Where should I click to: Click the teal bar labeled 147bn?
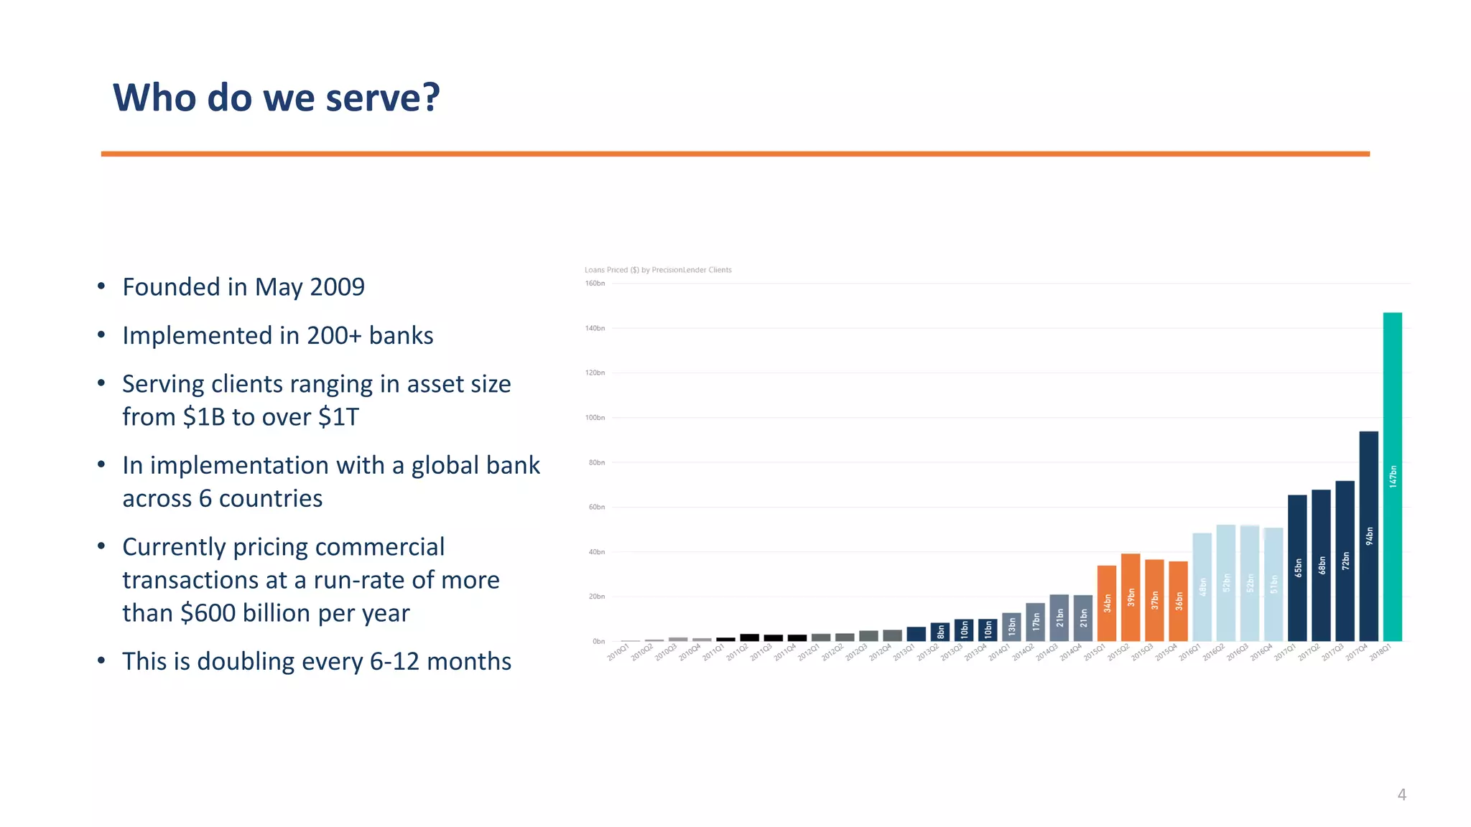point(1392,477)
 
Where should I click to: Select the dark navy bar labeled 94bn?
point(1368,536)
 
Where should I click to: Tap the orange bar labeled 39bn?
point(1131,597)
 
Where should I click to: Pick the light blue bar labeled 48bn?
point(1202,587)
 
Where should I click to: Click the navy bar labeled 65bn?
point(1297,568)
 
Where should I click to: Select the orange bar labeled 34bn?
point(1107,603)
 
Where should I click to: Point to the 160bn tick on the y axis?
point(595,284)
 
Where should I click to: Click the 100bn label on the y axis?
point(595,418)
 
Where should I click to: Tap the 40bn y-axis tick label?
point(596,552)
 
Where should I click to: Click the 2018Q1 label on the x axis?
point(1380,652)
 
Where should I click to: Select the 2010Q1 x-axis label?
point(618,652)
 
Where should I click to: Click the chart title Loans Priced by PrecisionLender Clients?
point(658,270)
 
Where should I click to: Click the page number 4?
point(1401,795)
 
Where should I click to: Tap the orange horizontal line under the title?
point(735,154)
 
